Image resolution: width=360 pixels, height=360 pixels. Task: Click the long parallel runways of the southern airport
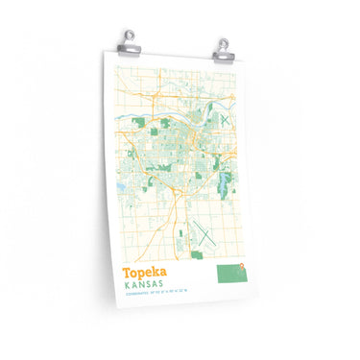[x=204, y=230]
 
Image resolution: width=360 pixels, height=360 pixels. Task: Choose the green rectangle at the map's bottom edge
[x=197, y=254]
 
